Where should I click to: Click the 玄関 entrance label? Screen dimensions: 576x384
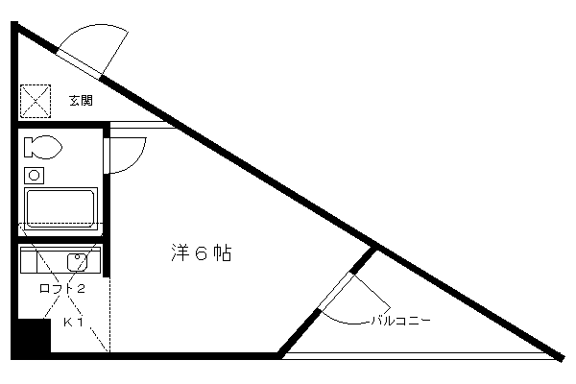pos(81,100)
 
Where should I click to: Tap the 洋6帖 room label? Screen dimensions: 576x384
pos(202,252)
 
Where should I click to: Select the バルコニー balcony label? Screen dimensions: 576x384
pos(400,321)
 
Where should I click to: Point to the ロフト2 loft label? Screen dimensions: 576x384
pos(62,288)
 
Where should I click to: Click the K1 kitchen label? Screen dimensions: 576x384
pos(74,323)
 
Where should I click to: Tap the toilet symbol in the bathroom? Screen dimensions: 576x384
pos(42,147)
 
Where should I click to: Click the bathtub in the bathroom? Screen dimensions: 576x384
pos(60,208)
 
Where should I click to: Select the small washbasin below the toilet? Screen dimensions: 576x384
pos(35,176)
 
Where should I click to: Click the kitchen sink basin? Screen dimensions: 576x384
pos(77,262)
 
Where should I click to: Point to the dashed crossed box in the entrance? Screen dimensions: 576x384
pos(36,101)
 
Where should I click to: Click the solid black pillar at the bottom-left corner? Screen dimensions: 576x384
pos(32,337)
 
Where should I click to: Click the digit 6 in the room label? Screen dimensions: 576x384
pos(202,253)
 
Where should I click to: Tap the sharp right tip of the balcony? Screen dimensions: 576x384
pos(564,358)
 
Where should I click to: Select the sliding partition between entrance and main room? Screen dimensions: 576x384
pos(142,125)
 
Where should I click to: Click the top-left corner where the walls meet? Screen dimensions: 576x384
pos(14,25)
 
